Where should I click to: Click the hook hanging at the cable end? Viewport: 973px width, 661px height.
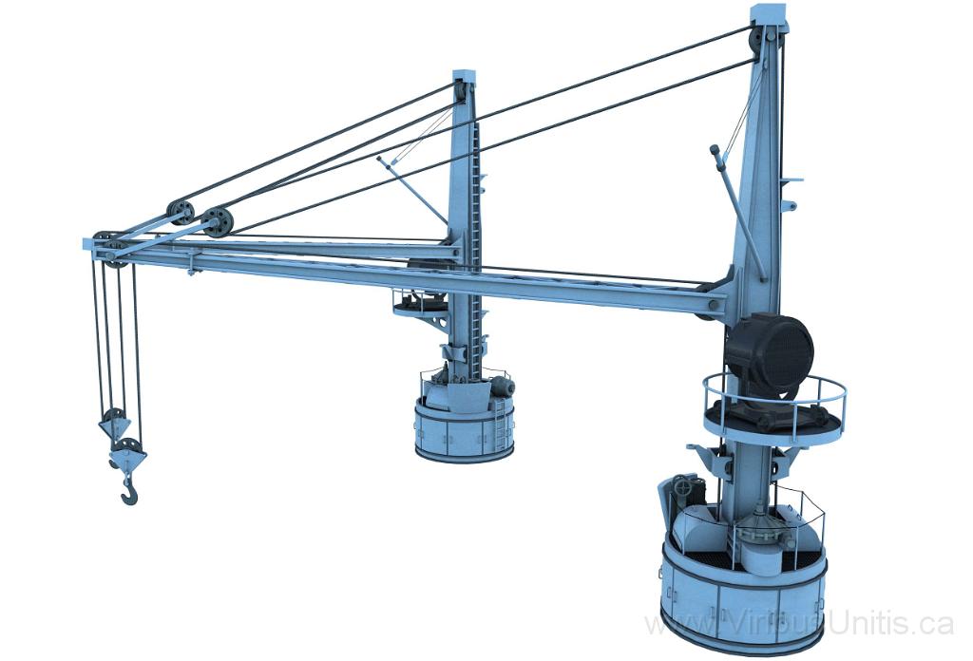tap(128, 490)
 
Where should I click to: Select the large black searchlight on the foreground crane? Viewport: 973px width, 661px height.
tap(771, 350)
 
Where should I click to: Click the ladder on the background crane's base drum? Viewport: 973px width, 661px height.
tap(496, 424)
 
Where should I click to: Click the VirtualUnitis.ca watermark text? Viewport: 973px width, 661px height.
tap(798, 624)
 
